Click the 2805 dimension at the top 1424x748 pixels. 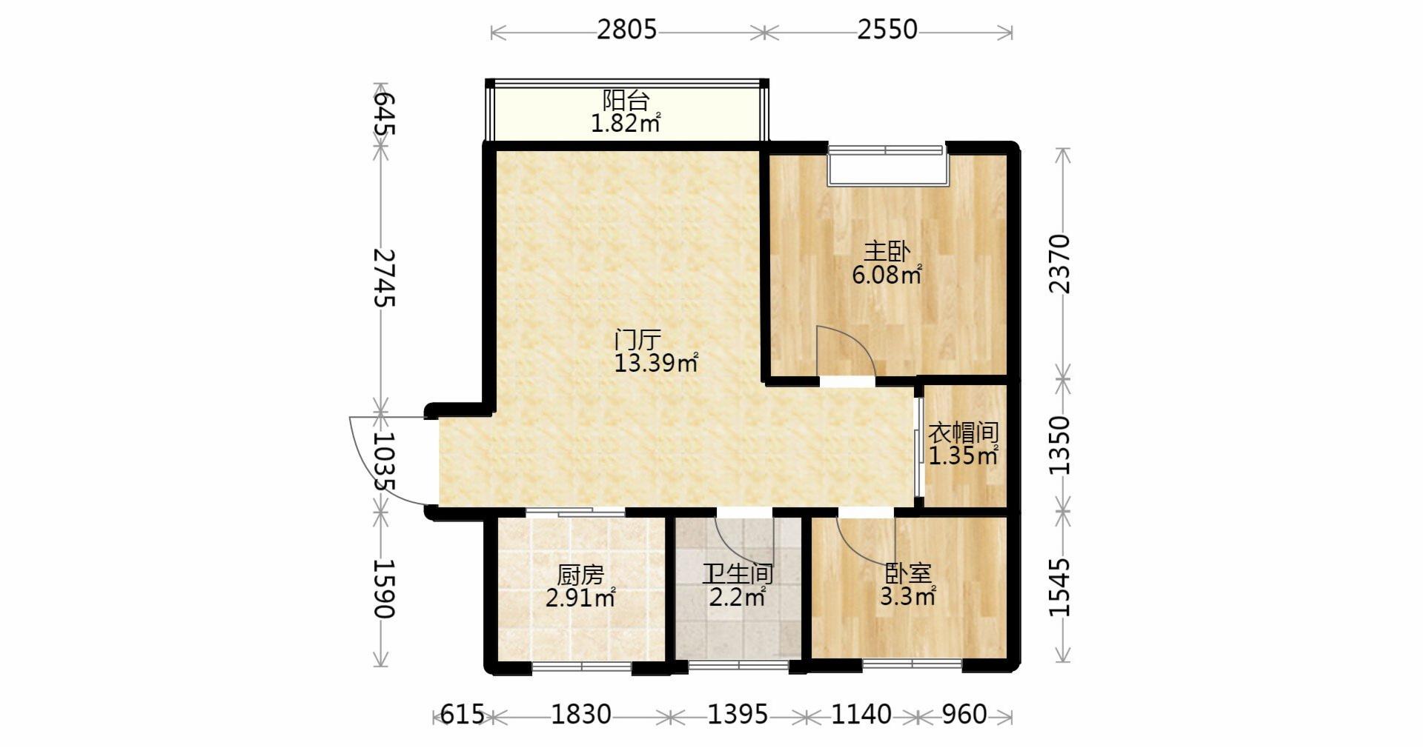coord(627,30)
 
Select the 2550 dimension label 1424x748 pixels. coord(887,30)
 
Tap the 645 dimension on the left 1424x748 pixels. coord(383,113)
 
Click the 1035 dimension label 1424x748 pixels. coord(383,461)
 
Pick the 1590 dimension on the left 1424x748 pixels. coord(383,588)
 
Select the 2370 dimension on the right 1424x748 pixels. coord(1060,264)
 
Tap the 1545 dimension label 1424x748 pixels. coord(1060,587)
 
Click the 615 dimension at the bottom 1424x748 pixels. coord(462,715)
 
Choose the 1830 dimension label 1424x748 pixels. coord(581,715)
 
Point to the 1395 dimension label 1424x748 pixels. coord(738,715)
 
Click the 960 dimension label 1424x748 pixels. coord(964,715)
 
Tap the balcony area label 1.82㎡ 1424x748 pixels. coord(625,123)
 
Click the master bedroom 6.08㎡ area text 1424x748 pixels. coord(887,276)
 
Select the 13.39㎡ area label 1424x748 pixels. coord(656,363)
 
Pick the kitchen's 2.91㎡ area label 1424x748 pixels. coord(580,598)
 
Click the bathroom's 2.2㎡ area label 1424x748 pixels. coord(737,597)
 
